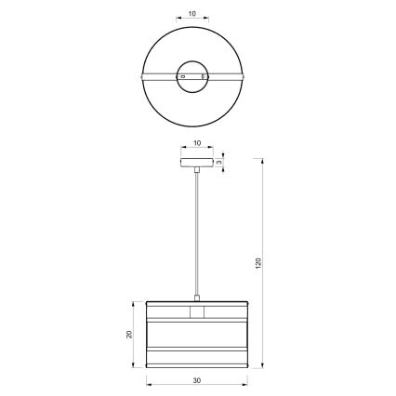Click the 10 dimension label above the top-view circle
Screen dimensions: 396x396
(192, 15)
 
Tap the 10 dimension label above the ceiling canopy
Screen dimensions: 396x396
(197, 144)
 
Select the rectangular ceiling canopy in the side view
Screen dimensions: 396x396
(197, 164)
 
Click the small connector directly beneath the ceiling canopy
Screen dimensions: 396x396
(197, 173)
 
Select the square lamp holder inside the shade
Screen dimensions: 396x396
(197, 310)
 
